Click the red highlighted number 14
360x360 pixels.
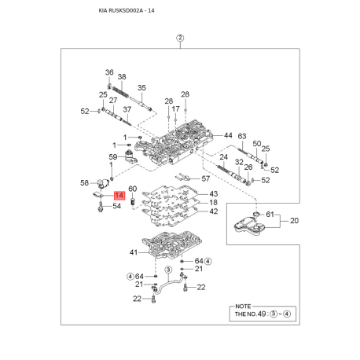119,196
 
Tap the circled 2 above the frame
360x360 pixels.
180,38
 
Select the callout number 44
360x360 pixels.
228,135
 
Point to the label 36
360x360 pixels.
109,72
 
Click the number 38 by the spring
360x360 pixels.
122,77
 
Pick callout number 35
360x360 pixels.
141,88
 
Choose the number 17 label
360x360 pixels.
175,108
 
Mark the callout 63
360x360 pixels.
242,136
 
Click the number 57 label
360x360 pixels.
206,178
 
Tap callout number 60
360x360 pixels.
133,189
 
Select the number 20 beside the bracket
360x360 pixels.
294,221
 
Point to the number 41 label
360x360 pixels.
134,252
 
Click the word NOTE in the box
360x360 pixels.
243,307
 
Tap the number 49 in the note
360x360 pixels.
262,314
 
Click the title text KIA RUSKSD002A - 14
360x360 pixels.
127,10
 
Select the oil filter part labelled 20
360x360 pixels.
250,226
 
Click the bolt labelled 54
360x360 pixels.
101,208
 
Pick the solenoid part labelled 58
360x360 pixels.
103,182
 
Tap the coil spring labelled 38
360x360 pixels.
120,93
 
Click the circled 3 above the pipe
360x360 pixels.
168,270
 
